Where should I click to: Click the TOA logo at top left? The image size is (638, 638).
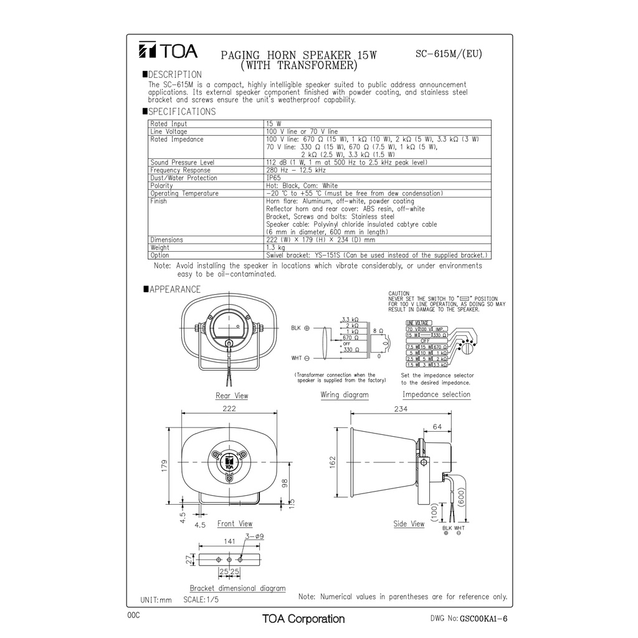pos(168,50)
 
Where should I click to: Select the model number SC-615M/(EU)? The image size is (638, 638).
pos(449,54)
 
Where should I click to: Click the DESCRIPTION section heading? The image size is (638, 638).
pos(174,75)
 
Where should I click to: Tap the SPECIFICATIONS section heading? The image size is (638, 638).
pos(181,112)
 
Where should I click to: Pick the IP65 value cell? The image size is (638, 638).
pos(273,178)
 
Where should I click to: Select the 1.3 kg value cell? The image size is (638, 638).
pos(274,247)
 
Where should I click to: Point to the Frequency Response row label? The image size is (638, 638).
pos(180,170)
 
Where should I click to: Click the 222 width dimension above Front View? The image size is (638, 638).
pos(229,409)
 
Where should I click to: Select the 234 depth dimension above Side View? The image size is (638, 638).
pos(401,409)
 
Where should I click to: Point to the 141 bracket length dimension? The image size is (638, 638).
pos(229,542)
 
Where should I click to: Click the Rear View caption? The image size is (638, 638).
pos(232,396)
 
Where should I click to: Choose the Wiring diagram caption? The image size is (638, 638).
pos(345,395)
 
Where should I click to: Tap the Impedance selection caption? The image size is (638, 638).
pos(436,394)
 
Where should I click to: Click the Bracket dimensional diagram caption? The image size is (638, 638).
pos(237,588)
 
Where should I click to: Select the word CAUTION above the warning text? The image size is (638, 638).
pos(399,293)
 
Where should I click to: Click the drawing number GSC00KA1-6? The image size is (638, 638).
pos(483,619)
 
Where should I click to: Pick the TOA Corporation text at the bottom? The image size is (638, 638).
pos(303,619)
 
